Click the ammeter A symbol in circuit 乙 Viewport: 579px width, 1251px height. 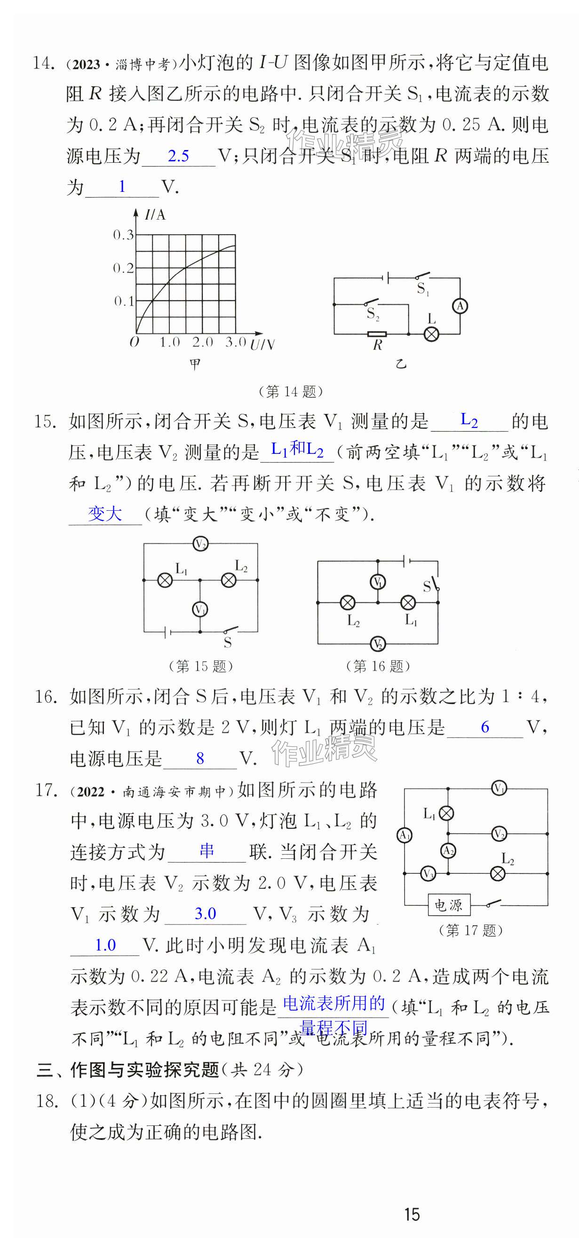point(460,306)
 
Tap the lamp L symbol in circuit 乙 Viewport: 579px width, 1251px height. point(431,334)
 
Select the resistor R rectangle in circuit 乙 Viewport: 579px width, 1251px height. point(377,334)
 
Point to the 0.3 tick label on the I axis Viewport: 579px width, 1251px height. point(123,235)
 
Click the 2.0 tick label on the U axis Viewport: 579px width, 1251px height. point(203,342)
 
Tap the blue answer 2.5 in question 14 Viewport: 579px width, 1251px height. point(178,156)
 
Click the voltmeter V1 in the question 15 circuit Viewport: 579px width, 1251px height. point(199,609)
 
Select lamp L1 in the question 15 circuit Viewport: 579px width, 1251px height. point(165,580)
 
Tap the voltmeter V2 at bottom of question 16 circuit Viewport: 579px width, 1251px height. point(377,644)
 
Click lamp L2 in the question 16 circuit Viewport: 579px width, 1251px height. point(347,602)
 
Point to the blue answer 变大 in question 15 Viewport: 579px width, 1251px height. point(105,513)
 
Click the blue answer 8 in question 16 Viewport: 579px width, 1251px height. point(199,758)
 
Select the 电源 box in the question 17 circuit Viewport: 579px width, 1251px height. point(448,905)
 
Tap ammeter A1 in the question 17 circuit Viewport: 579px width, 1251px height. point(404,835)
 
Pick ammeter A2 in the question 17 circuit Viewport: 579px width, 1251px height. point(448,850)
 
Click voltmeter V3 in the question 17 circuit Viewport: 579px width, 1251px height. point(428,873)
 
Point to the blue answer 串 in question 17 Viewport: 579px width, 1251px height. point(207,850)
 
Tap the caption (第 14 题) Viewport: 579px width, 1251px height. point(291,391)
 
